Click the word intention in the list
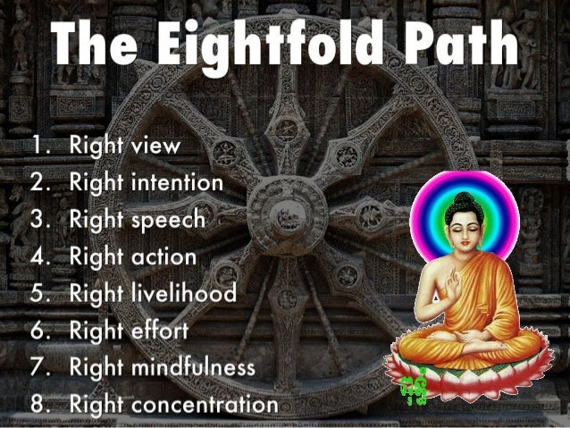point(176,182)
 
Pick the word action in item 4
point(163,256)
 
